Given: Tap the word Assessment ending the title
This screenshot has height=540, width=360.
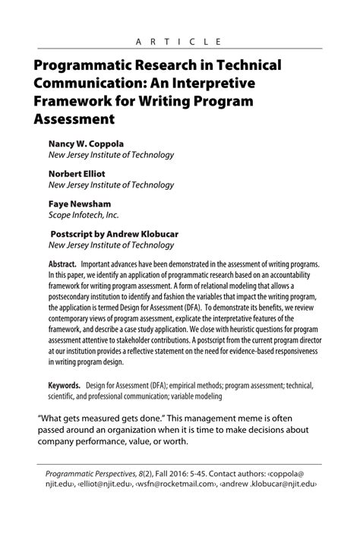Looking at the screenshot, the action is [74, 118].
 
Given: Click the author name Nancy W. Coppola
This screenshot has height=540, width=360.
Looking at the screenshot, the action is [86, 142].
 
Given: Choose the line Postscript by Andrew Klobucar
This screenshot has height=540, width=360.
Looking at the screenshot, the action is [115, 233].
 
